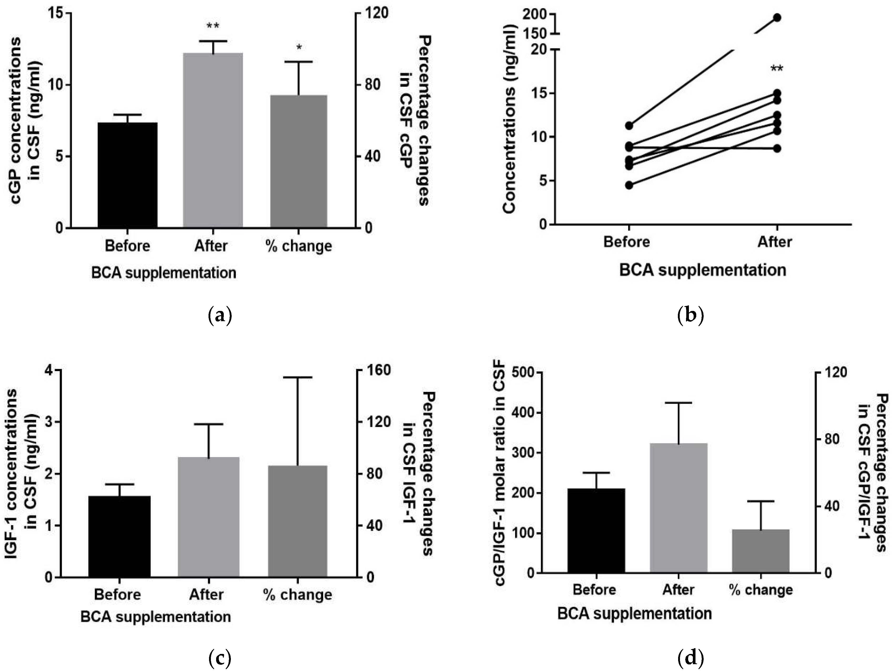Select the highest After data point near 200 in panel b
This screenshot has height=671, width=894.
pos(777,17)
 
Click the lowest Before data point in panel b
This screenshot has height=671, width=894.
pos(629,185)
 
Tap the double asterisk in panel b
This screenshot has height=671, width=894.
pos(777,69)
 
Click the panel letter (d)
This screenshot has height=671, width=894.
pos(690,658)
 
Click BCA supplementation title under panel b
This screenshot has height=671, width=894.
pos(702,270)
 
